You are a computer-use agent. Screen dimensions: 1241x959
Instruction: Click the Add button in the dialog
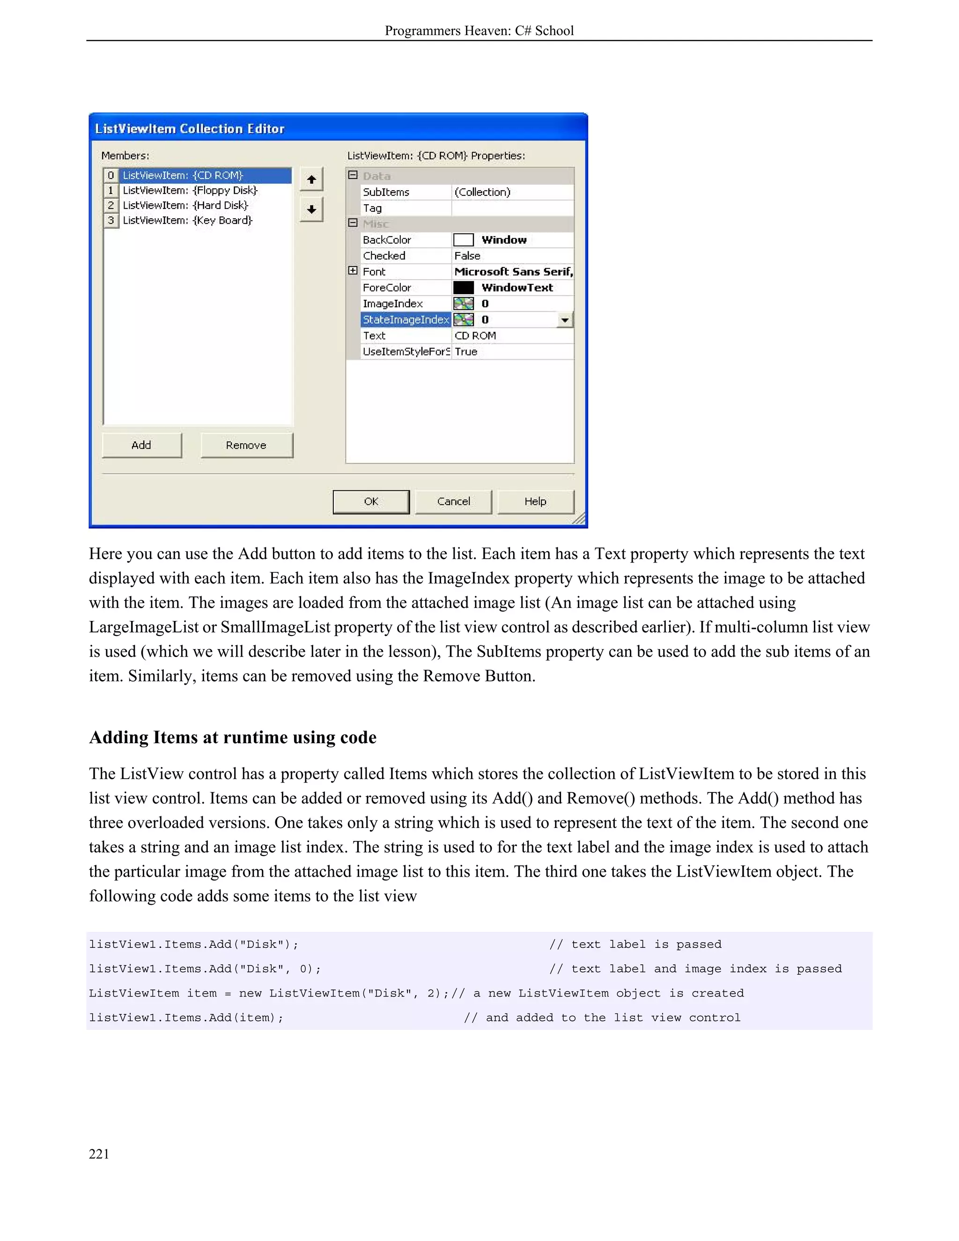point(141,445)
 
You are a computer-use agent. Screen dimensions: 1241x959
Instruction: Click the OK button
point(371,502)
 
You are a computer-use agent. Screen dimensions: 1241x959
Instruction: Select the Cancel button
point(453,502)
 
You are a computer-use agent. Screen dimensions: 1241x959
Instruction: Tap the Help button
point(535,502)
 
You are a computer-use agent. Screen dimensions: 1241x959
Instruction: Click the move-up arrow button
point(311,179)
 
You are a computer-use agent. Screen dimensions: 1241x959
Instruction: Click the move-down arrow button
point(311,209)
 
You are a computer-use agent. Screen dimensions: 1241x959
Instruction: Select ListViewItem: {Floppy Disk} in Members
point(190,190)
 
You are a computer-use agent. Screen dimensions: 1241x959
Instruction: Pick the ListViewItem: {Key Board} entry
point(187,221)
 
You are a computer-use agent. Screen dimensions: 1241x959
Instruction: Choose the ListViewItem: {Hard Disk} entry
point(185,205)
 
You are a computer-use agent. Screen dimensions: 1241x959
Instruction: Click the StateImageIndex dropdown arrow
point(565,320)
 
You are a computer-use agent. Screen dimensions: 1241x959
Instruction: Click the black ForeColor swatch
point(464,288)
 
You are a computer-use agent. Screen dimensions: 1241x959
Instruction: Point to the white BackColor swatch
point(464,240)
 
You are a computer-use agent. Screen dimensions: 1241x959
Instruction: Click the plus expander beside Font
point(353,271)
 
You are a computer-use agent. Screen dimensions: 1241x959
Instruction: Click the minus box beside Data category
point(353,176)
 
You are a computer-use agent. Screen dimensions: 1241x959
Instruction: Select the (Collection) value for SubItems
point(482,192)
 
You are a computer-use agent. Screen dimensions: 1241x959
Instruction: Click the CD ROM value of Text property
point(476,336)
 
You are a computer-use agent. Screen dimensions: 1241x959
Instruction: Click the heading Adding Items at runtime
point(232,738)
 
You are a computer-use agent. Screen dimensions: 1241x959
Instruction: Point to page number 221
point(99,1153)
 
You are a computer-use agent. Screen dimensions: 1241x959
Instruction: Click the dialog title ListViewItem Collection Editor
point(190,129)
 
